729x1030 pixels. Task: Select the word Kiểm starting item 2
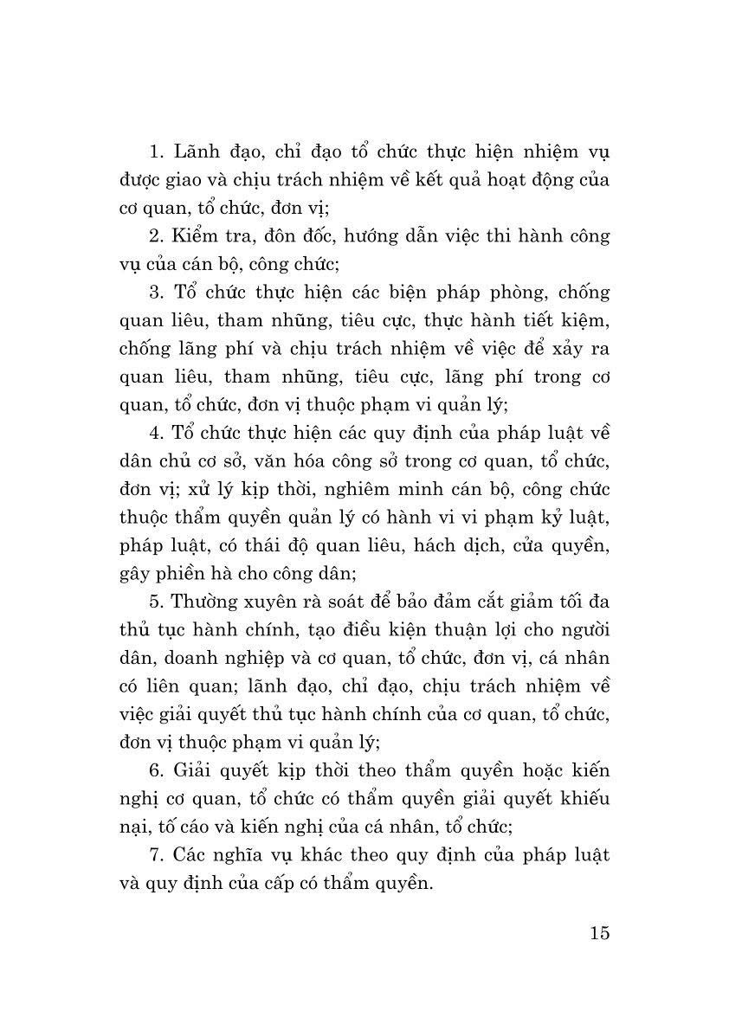click(x=197, y=235)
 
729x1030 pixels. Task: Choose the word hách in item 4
click(x=442, y=544)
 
